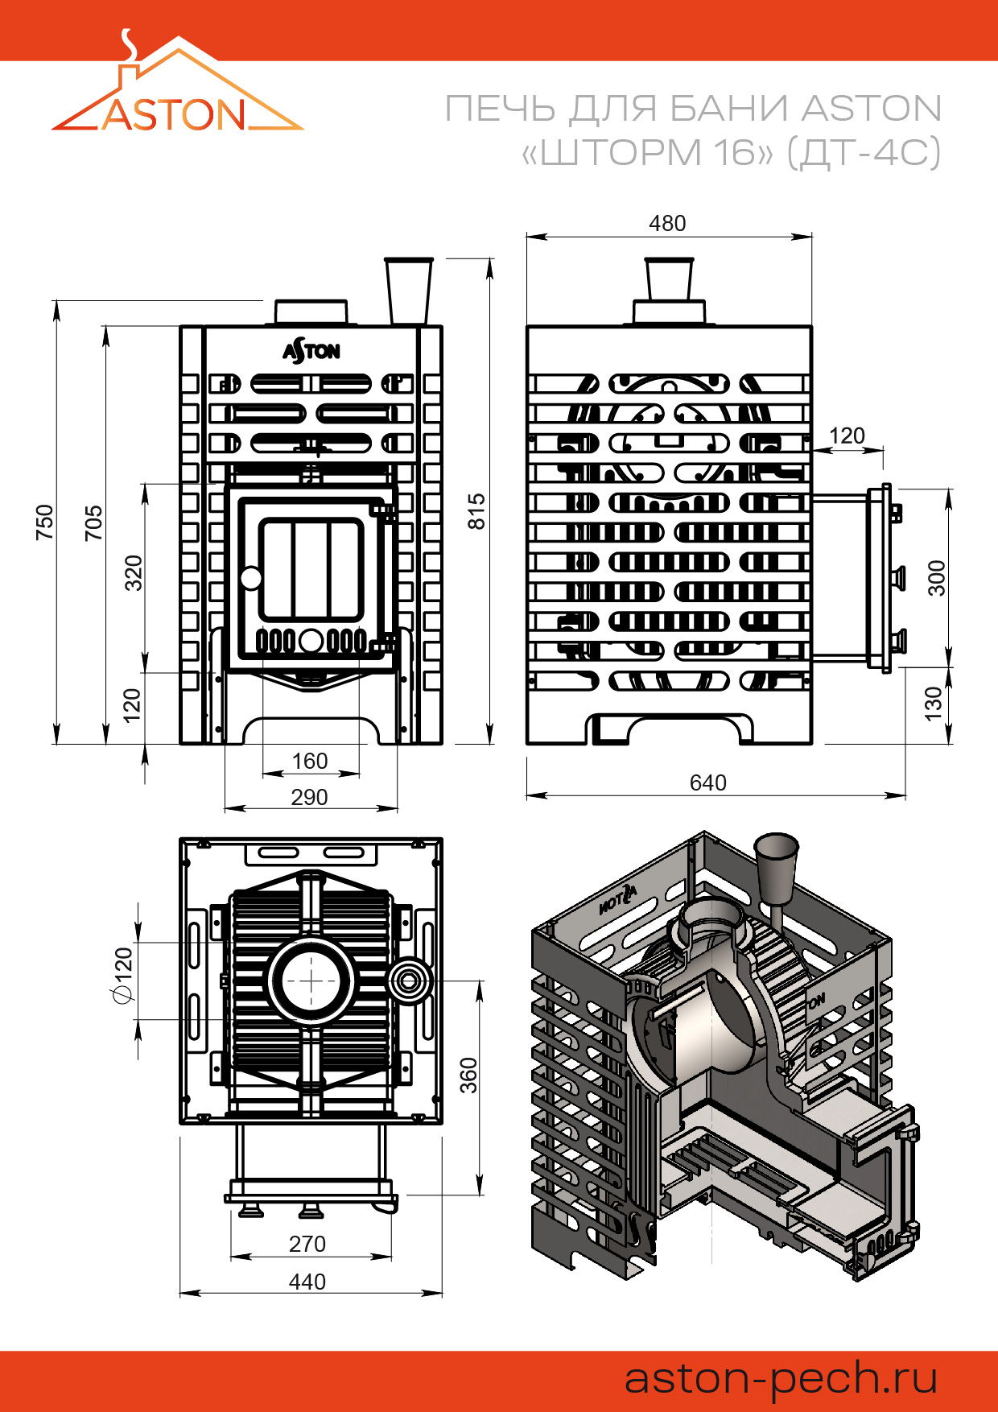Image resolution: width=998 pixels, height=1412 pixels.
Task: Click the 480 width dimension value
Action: click(667, 224)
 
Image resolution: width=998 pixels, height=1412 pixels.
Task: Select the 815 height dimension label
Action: click(477, 511)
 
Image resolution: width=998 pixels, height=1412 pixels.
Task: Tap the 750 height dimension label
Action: click(45, 522)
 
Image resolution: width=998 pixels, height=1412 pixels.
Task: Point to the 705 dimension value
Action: click(94, 522)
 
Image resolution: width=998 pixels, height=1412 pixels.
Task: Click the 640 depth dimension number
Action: click(707, 782)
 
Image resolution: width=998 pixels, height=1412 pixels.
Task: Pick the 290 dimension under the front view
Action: click(309, 797)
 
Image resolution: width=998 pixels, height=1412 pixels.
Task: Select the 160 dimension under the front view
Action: click(309, 761)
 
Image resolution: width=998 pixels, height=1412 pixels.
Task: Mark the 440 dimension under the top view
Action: click(307, 1282)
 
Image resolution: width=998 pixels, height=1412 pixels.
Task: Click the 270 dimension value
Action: click(307, 1244)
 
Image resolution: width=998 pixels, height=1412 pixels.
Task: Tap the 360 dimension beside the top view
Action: click(468, 1076)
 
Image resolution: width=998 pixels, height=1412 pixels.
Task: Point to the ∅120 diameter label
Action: click(123, 976)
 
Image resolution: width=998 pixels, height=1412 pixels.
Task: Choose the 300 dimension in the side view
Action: click(937, 578)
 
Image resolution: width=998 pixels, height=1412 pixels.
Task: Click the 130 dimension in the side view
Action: click(933, 704)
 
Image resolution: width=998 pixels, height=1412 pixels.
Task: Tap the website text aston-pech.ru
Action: click(781, 1378)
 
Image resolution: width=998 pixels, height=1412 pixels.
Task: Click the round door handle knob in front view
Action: click(251, 578)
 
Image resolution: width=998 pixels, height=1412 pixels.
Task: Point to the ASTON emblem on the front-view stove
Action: click(311, 351)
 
